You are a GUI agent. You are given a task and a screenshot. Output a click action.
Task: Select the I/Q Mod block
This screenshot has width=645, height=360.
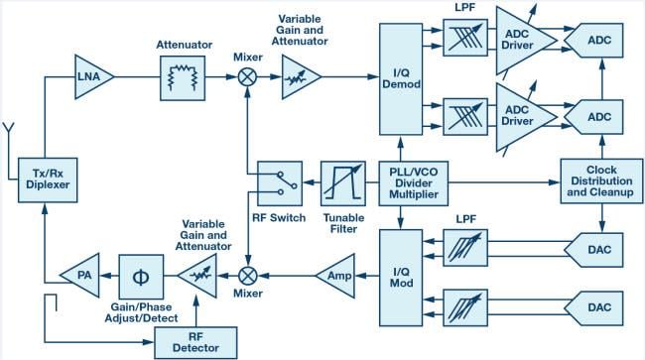click(x=402, y=274)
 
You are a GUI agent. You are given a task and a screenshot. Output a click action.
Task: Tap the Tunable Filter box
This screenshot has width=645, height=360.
click(x=342, y=182)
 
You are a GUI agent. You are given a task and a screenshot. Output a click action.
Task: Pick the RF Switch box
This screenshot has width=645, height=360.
click(x=282, y=182)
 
